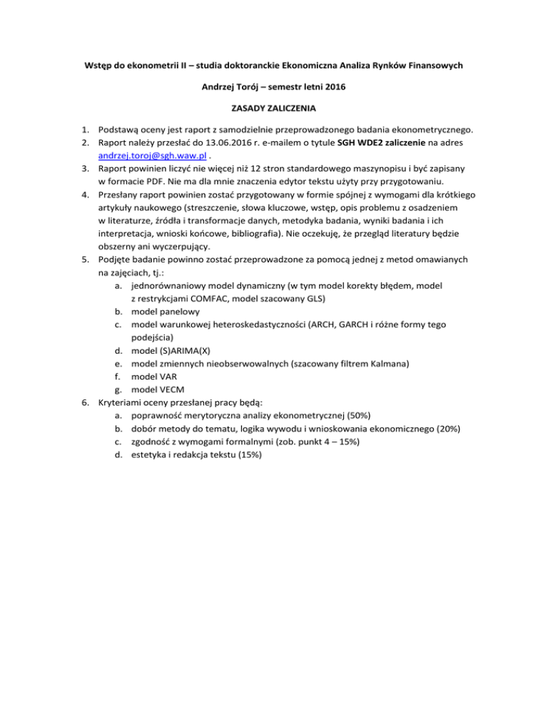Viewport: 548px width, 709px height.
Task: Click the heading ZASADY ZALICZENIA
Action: (274, 108)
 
